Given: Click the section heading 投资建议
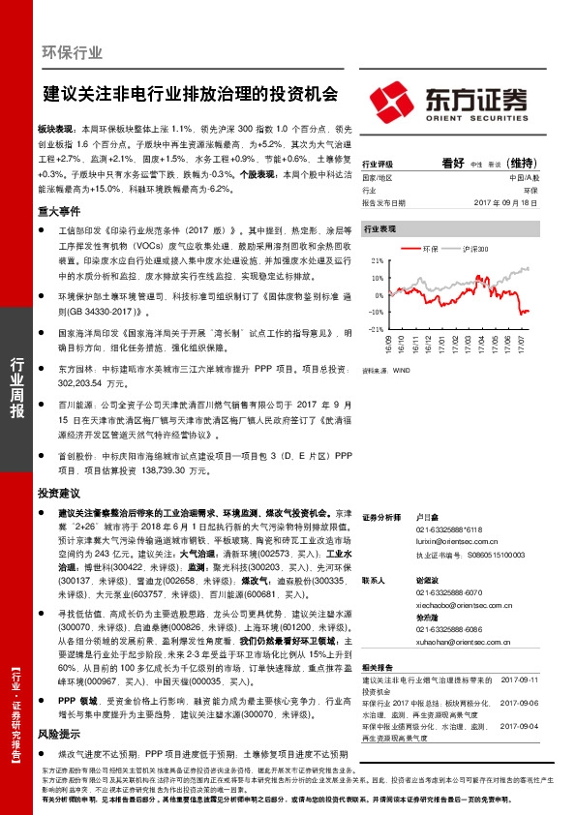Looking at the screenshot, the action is [59, 493].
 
